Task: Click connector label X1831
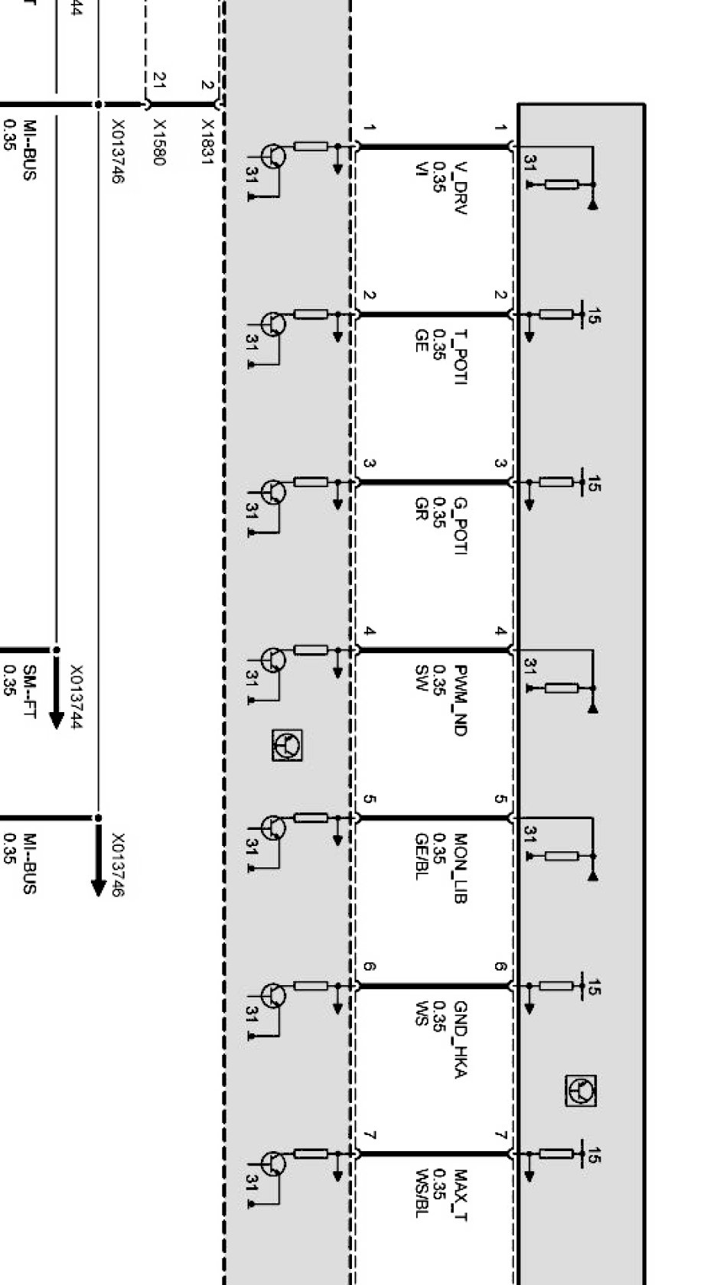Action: (x=209, y=138)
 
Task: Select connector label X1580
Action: (x=161, y=141)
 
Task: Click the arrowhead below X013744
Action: (x=56, y=719)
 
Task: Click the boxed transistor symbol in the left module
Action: (x=287, y=744)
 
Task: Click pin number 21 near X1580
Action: (x=160, y=79)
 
